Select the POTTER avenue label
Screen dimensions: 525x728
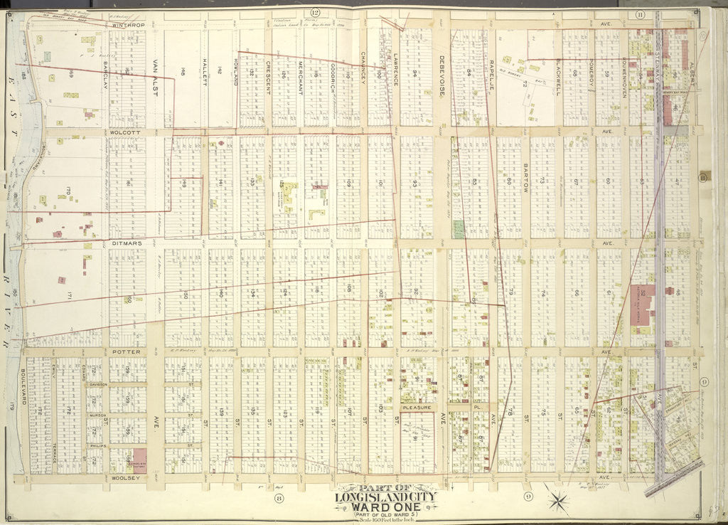coord(127,351)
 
